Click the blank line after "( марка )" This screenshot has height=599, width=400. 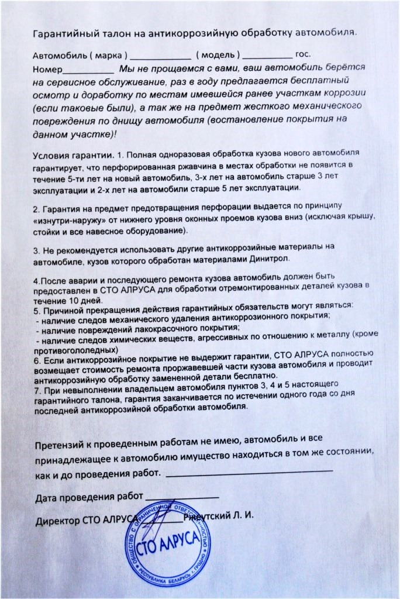(160, 57)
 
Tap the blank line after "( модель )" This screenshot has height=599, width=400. (267, 57)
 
